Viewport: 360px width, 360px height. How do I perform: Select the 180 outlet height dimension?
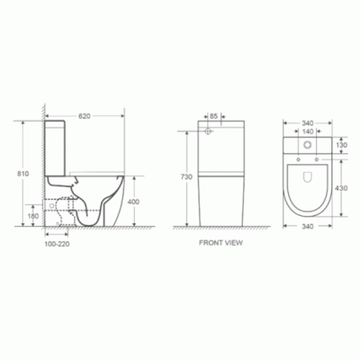33,216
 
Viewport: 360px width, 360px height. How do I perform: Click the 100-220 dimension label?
58,243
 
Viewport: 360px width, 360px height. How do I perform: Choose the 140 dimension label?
308,130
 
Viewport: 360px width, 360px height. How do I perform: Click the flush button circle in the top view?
308,145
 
